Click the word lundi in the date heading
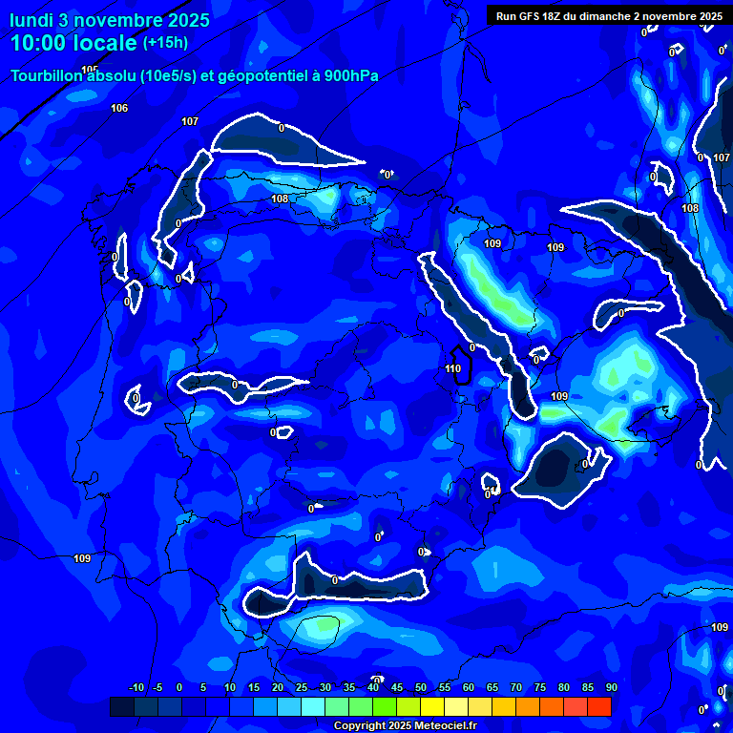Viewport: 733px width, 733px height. pyautogui.click(x=31, y=19)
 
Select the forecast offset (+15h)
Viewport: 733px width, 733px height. pyautogui.click(x=165, y=42)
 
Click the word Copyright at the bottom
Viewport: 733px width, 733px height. pyautogui.click(x=362, y=726)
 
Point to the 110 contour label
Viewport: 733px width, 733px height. pyautogui.click(x=453, y=368)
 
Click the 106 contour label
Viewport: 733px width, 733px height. pyautogui.click(x=119, y=108)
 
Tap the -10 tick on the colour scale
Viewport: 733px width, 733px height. pyautogui.click(x=136, y=687)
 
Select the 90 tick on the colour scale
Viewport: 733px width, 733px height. pyautogui.click(x=611, y=687)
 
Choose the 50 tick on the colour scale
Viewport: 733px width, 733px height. pyautogui.click(x=421, y=687)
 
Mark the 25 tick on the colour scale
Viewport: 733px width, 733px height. pyautogui.click(x=302, y=687)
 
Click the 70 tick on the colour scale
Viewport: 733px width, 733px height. pyautogui.click(x=516, y=687)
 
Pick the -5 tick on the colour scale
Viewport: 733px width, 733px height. pyautogui.click(x=158, y=687)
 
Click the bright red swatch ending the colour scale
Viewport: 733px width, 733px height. pyautogui.click(x=599, y=706)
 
